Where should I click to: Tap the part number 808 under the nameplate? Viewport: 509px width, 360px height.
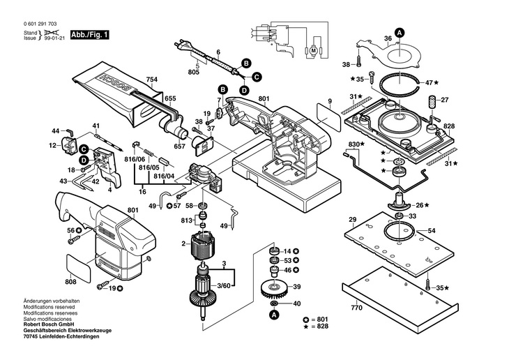coord(70,283)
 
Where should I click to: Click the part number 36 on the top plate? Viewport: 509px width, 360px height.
coord(388,38)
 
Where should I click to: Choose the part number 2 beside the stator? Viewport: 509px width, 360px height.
coord(183,243)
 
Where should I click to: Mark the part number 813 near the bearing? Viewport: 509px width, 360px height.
coord(187,220)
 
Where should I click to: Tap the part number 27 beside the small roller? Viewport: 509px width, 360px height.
coord(444,100)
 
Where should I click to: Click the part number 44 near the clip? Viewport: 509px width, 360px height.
coord(56,131)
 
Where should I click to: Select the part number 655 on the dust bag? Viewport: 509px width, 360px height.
coord(170,100)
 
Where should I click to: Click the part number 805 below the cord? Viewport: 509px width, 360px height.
coord(192,72)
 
